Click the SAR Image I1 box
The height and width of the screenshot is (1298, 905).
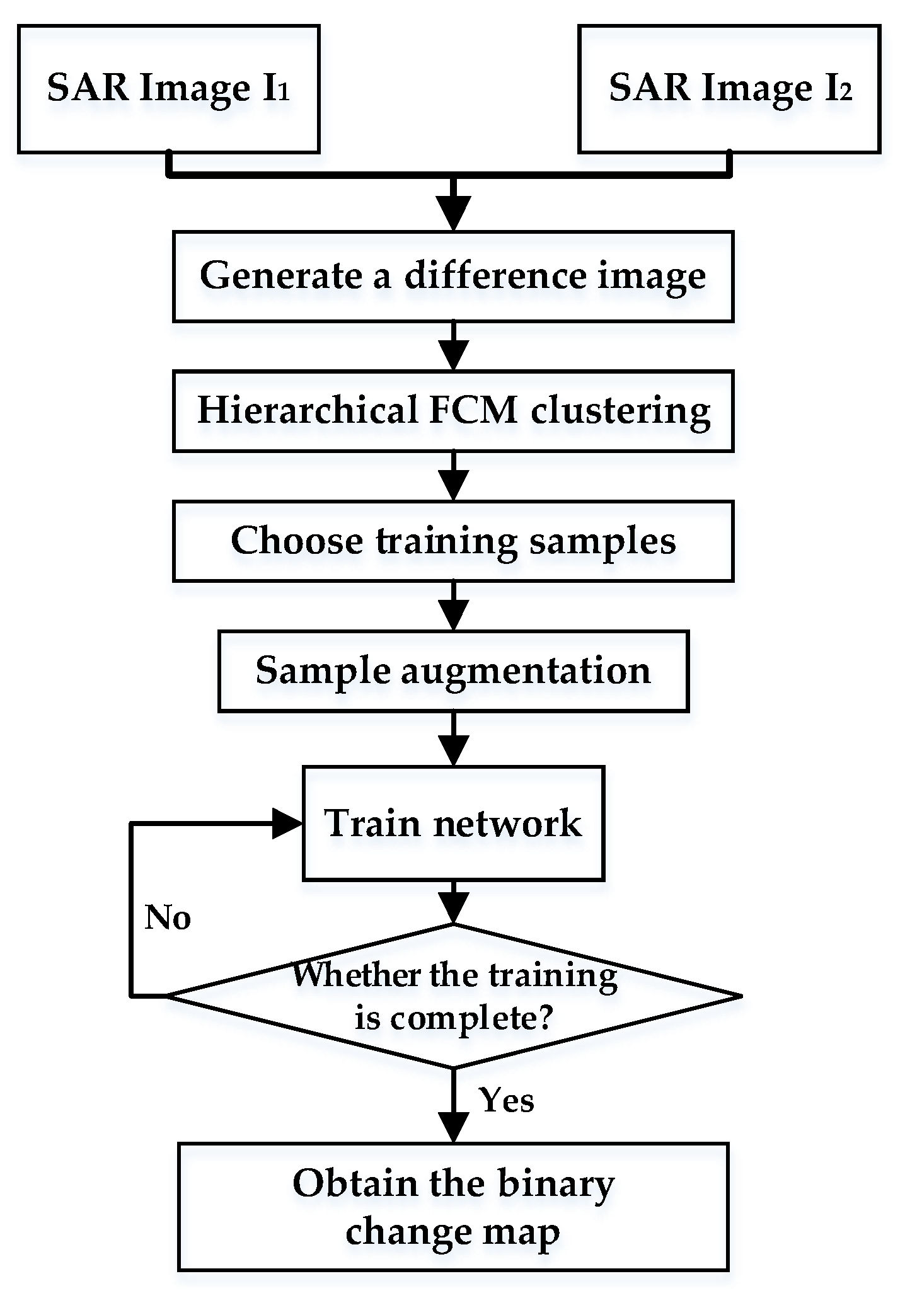click(168, 89)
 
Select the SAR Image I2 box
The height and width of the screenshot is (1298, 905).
click(729, 89)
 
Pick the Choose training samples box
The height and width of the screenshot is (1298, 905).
click(453, 541)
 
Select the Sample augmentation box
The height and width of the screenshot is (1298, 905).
click(453, 670)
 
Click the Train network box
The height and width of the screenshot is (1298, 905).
click(453, 823)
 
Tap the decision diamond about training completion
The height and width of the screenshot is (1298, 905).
click(453, 996)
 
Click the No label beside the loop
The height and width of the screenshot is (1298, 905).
click(168, 917)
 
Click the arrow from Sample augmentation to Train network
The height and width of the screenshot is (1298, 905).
click(454, 740)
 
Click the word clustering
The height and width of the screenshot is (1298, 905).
click(620, 411)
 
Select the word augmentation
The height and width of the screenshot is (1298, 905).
click(525, 671)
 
